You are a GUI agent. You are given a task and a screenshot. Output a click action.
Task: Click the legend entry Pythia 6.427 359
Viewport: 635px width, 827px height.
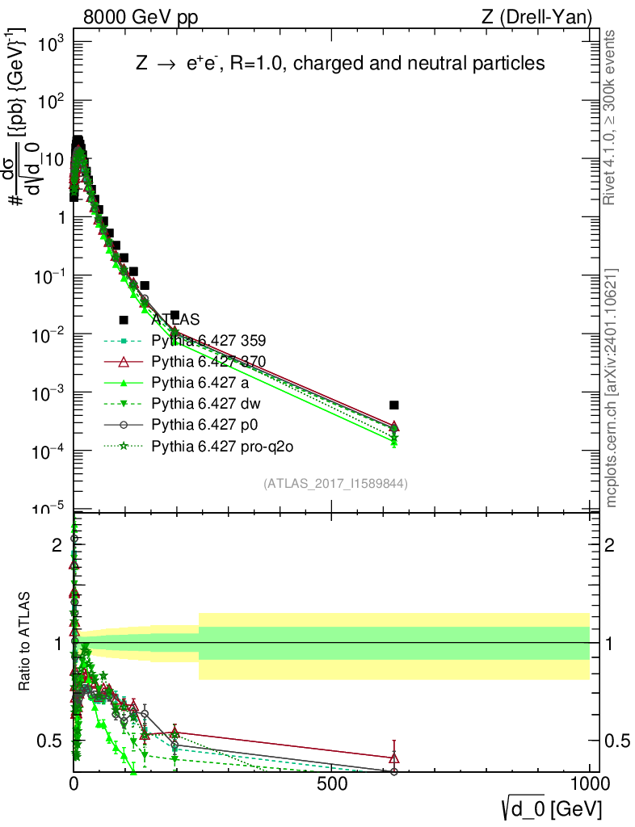coord(208,340)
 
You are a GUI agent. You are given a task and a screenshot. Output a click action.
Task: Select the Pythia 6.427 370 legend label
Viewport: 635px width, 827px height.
coord(208,361)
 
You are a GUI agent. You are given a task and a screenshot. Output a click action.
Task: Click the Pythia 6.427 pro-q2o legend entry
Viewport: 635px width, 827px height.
coord(218,445)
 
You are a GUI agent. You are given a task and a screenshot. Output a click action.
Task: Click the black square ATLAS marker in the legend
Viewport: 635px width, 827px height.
coord(124,319)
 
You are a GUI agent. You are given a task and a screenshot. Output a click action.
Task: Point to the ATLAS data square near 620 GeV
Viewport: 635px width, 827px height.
coord(393,405)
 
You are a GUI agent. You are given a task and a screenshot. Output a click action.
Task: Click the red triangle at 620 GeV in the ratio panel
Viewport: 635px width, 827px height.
coord(393,758)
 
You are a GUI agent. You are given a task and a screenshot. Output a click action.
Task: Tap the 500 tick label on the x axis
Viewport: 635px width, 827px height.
coord(332,784)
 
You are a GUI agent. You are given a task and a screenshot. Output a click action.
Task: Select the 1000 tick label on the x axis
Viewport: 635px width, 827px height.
coord(589,784)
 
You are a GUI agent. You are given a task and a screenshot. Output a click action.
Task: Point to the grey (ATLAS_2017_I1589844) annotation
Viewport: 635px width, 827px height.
coord(334,484)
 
